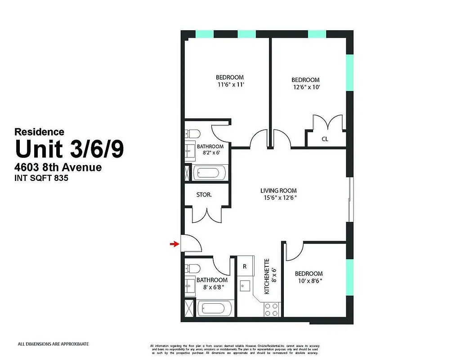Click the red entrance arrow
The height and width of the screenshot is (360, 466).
point(173,244)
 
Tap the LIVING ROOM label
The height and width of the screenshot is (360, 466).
point(278,190)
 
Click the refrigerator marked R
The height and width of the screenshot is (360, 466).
point(245,266)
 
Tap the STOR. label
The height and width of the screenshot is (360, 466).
point(204,195)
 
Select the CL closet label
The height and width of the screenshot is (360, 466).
point(325,139)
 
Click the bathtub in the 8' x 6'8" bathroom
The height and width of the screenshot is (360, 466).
point(215,309)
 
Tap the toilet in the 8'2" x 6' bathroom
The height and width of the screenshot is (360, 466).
point(193,134)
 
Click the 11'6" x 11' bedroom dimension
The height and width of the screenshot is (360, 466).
point(230,84)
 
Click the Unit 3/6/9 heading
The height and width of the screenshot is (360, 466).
point(69,149)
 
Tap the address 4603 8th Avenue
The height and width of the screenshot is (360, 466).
point(58,167)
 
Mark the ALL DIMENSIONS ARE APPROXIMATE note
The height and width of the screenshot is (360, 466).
point(53,344)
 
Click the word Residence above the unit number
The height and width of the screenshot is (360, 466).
point(39,132)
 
